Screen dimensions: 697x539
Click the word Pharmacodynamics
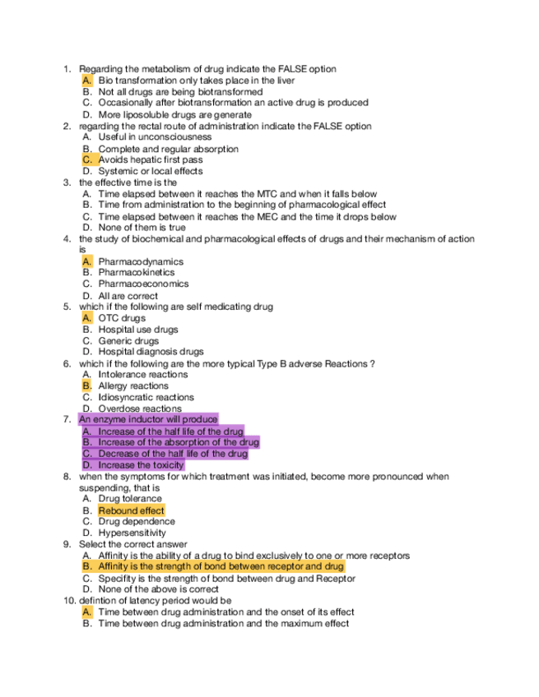pos(141,261)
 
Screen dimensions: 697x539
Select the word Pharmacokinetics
pos(137,272)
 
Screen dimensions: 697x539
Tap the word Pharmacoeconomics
pos(143,284)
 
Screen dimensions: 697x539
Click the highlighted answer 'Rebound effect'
pos(131,510)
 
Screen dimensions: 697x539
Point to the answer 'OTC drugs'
pos(122,318)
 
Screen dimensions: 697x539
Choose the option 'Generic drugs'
pos(128,340)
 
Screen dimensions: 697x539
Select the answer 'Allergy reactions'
pos(133,385)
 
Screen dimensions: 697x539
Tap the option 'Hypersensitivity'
pos(132,533)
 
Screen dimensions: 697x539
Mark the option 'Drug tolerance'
pos(130,499)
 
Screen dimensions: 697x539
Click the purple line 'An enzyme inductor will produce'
pos(148,419)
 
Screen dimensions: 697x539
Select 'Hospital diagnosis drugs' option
pos(151,352)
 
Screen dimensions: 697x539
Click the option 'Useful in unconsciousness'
pos(155,137)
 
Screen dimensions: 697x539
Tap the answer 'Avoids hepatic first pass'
pos(151,159)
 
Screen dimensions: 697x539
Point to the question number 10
pos(69,601)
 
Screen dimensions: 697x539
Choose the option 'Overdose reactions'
pos(140,409)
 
